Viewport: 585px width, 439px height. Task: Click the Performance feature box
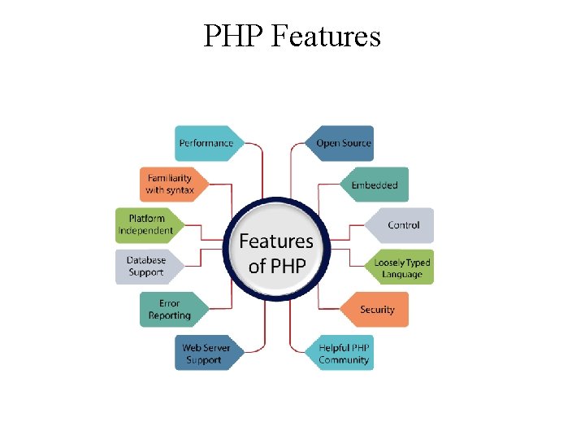[206, 143]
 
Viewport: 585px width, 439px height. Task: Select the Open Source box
[343, 143]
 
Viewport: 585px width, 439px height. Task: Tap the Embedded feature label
[375, 185]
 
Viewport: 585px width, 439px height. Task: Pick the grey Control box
[402, 225]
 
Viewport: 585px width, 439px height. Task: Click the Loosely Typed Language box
[402, 267]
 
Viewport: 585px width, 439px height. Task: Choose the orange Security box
[377, 310]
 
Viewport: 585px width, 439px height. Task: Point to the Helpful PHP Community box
[343, 354]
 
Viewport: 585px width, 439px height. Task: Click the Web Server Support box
[206, 354]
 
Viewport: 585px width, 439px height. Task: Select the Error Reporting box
[170, 310]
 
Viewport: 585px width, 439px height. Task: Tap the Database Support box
[146, 267]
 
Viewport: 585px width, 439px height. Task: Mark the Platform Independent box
[146, 224]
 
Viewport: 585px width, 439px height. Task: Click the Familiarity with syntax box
[170, 184]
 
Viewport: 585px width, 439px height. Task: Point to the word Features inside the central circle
[276, 241]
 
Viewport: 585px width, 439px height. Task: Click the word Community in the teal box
[344, 360]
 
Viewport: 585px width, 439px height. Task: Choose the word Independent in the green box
[146, 231]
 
